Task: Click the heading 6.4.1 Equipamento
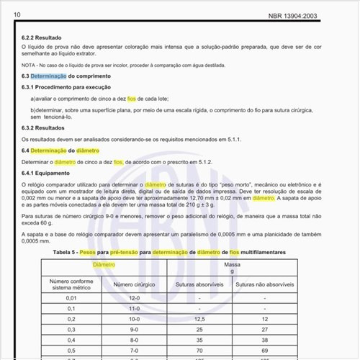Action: (x=50, y=174)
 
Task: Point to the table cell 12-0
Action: (x=134, y=297)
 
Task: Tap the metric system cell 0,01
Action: (x=71, y=297)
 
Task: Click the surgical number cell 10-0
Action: (x=134, y=318)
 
